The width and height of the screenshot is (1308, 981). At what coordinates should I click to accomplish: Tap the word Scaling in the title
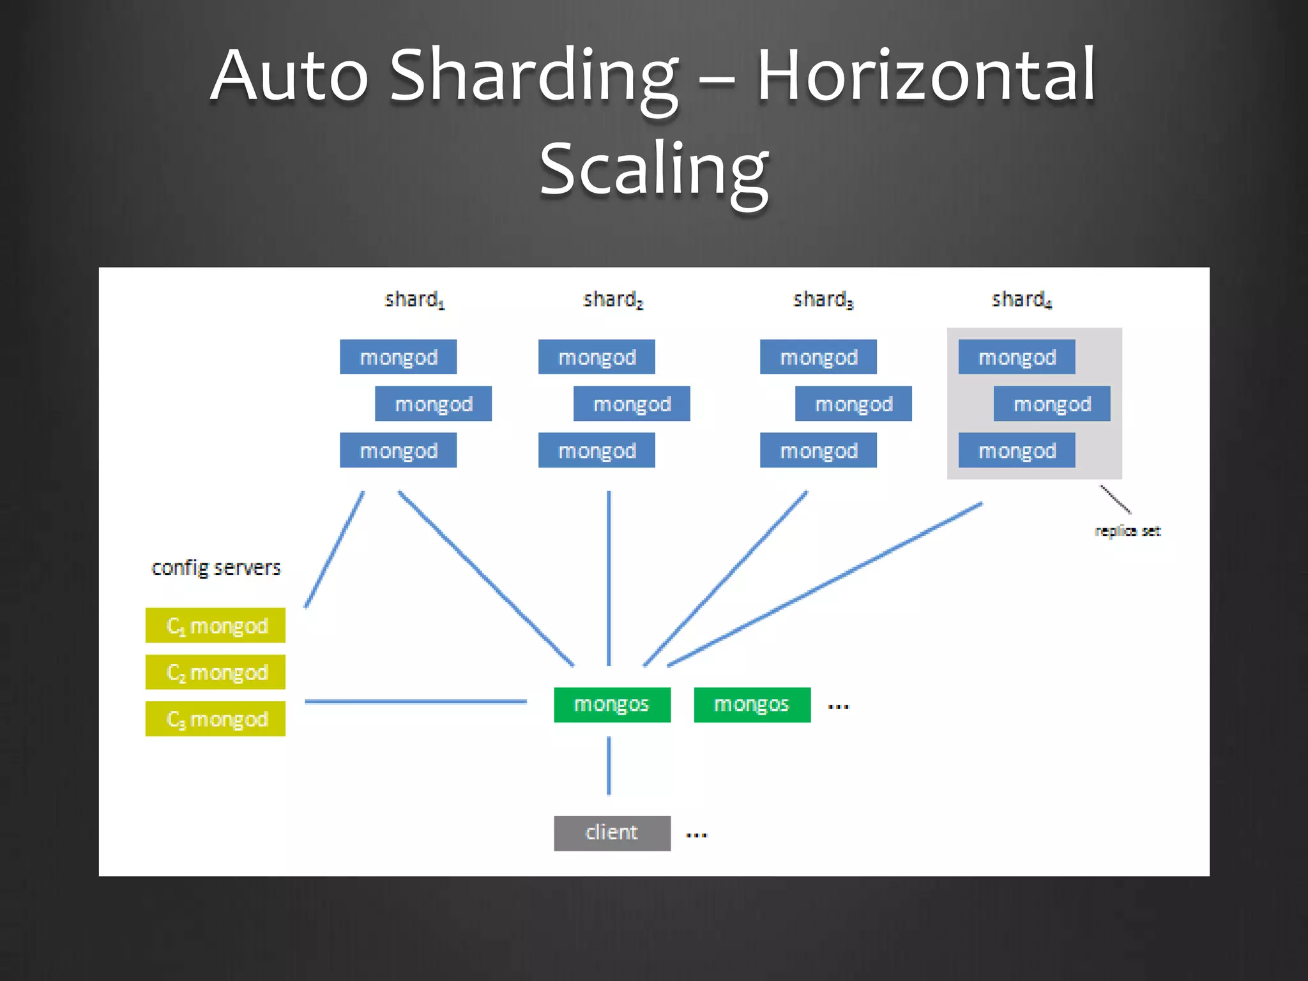click(x=654, y=169)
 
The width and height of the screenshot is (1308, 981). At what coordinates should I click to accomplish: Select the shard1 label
click(x=414, y=299)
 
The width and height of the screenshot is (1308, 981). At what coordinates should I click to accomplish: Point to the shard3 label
click(x=823, y=299)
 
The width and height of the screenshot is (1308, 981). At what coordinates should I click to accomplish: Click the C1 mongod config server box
click(x=215, y=625)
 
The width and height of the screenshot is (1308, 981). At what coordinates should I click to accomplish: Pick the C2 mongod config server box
click(x=215, y=672)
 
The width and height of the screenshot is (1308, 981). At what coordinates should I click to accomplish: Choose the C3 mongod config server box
click(x=215, y=719)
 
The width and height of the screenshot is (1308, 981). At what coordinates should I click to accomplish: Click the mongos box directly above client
click(x=612, y=704)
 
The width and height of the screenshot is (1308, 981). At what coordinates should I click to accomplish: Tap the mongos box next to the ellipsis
click(x=752, y=704)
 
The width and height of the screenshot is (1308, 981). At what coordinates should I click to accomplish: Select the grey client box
click(x=612, y=833)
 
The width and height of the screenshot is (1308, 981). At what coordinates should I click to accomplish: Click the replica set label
click(x=1127, y=531)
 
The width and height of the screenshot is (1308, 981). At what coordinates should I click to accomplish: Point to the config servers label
click(x=216, y=568)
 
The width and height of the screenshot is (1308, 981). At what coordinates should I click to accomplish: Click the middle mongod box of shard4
click(x=1051, y=404)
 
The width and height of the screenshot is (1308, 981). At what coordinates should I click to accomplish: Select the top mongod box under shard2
click(x=597, y=356)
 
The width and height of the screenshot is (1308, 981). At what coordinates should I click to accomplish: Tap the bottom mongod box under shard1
click(x=398, y=450)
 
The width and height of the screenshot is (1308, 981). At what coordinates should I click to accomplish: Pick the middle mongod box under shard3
click(x=853, y=404)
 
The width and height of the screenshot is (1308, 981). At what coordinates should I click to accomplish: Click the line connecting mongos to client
click(x=609, y=765)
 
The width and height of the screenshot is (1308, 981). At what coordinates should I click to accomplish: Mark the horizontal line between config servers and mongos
click(x=415, y=701)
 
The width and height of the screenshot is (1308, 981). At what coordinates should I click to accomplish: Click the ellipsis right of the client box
click(x=696, y=835)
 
